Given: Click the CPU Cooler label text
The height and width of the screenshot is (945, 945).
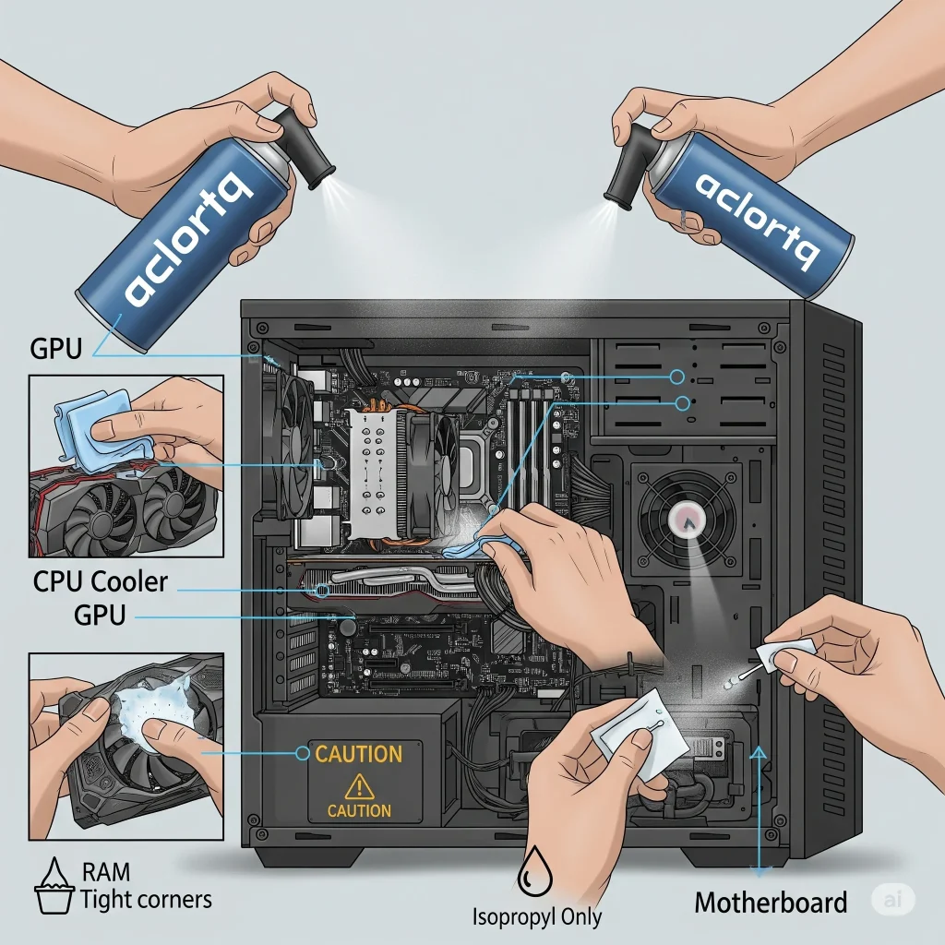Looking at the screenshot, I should [101, 582].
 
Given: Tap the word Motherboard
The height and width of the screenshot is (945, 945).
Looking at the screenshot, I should [771, 902].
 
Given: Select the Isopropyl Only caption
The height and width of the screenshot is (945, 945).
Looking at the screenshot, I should [537, 916].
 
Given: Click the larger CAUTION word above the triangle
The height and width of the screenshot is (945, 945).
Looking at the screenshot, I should [359, 754].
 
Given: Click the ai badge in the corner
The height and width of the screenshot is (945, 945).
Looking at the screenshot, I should [891, 899].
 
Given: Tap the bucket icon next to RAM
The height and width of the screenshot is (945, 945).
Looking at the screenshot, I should [55, 886].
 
